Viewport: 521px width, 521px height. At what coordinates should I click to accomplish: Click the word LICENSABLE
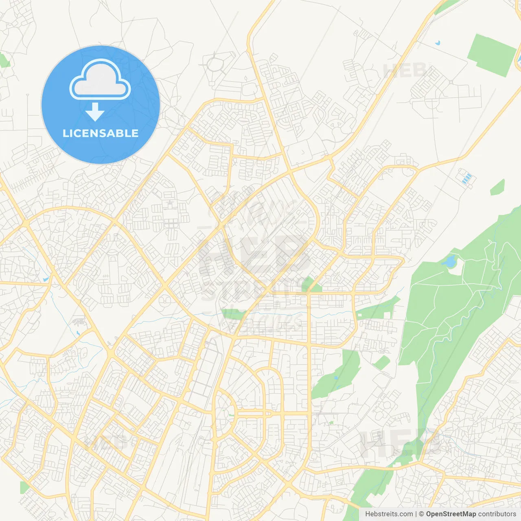(101, 133)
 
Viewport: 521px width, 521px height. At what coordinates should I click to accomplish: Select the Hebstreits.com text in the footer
(389, 514)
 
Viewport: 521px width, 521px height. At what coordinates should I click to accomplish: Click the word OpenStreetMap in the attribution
(451, 514)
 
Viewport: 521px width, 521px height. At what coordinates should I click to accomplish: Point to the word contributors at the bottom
(497, 514)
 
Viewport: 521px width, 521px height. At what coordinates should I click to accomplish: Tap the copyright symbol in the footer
(421, 514)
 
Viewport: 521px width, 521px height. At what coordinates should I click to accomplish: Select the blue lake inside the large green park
(450, 262)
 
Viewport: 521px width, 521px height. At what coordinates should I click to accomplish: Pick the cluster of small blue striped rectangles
(467, 178)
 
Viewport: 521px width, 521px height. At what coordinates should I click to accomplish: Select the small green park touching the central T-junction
(309, 285)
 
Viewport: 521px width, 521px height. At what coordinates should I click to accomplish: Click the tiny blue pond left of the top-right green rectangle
(437, 42)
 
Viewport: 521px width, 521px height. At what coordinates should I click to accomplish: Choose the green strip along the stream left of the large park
(377, 308)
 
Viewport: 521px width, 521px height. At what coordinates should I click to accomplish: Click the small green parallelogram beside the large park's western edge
(382, 363)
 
